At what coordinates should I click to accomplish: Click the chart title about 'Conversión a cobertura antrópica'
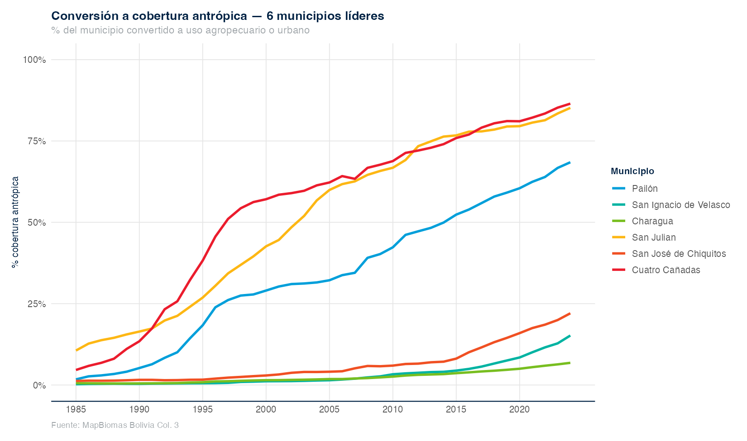pos(218,16)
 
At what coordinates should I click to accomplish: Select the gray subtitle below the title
pos(180,31)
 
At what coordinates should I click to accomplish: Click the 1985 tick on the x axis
pos(76,410)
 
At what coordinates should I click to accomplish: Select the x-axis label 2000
pos(266,410)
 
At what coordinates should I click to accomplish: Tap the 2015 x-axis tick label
pos(456,410)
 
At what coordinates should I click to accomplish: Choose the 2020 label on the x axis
pos(519,410)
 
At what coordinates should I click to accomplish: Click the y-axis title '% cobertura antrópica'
pos(15,222)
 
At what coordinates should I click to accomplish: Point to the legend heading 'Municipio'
pos(632,171)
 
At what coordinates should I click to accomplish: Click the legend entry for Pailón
pos(645,189)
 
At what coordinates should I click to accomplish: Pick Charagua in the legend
pos(652,221)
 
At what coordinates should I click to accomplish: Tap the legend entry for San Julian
pos(654,237)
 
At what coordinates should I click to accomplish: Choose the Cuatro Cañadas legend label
pos(666,270)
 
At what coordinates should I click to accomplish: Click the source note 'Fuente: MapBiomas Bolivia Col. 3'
pos(115,426)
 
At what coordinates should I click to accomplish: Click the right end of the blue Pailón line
pos(570,162)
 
